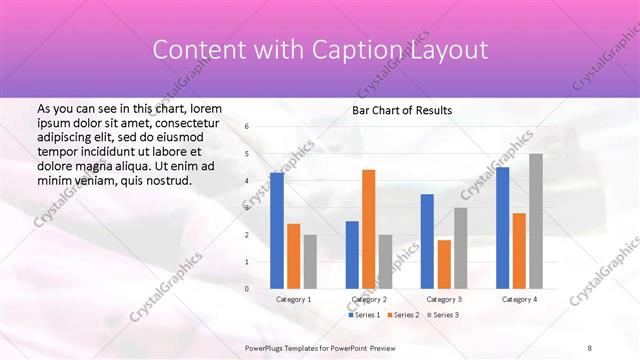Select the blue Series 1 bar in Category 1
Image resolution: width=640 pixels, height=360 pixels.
click(x=277, y=230)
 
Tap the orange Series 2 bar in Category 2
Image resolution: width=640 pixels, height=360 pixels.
click(x=368, y=229)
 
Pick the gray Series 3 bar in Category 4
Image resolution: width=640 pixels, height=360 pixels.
click(x=536, y=221)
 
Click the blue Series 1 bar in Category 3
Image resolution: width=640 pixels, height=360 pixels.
click(x=427, y=241)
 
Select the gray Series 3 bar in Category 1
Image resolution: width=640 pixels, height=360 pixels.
click(x=310, y=261)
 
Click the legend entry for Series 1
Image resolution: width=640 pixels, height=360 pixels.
click(x=364, y=315)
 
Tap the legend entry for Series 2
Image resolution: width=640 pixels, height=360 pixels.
click(x=404, y=315)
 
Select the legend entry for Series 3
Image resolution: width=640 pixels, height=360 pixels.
click(x=444, y=315)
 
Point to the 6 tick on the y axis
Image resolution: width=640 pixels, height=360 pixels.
click(x=247, y=127)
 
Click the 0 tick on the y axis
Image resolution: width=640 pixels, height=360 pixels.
click(x=247, y=289)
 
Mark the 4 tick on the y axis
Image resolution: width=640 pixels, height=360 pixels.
click(x=247, y=181)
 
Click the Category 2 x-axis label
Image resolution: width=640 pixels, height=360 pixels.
click(x=368, y=299)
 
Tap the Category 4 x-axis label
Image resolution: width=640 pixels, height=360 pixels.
click(x=519, y=299)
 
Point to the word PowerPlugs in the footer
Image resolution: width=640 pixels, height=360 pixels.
click(x=267, y=348)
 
